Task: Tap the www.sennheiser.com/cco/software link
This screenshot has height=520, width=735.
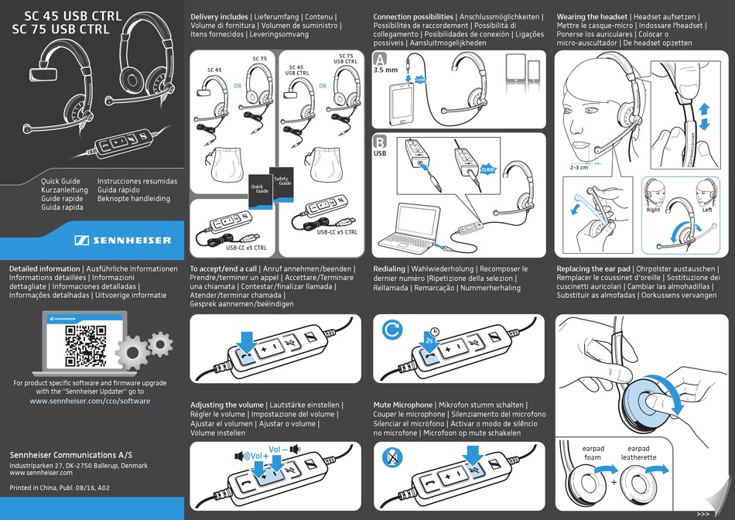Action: pyautogui.click(x=90, y=401)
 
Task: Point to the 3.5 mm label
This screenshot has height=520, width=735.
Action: pyautogui.click(x=385, y=70)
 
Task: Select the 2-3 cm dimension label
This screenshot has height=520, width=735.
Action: pyautogui.click(x=579, y=166)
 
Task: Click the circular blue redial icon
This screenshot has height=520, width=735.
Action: pyautogui.click(x=392, y=330)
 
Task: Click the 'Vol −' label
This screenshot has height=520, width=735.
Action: pyautogui.click(x=280, y=449)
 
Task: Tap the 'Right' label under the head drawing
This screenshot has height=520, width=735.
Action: pyautogui.click(x=653, y=210)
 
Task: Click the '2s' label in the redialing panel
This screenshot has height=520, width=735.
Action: pyautogui.click(x=428, y=338)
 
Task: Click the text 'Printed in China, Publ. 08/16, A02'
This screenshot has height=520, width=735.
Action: pyautogui.click(x=59, y=487)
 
